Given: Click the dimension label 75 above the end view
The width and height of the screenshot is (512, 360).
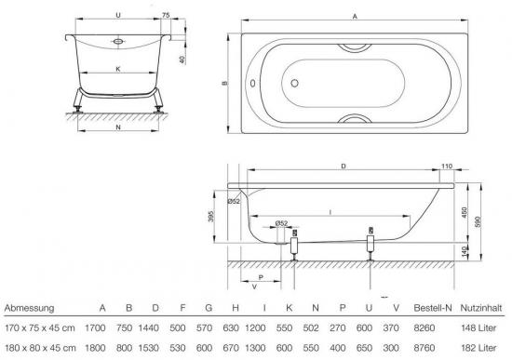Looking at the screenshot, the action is (x=166, y=15).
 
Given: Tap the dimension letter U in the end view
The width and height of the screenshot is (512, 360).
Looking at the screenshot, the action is (x=118, y=15).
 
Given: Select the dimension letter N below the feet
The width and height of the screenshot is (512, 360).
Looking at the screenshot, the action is (x=118, y=127).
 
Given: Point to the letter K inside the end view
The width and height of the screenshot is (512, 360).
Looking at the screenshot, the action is (x=118, y=69).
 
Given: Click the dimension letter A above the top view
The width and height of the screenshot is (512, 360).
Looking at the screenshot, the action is (x=355, y=17).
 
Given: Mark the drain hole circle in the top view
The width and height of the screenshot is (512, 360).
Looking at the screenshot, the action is (x=294, y=83).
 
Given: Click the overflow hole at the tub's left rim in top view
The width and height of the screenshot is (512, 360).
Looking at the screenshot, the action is (x=252, y=83).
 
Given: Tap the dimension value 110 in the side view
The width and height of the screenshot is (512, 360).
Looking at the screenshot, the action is (x=447, y=167).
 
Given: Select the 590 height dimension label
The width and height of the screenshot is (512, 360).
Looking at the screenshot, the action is (x=478, y=222).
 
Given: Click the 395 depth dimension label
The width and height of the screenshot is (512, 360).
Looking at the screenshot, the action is (x=211, y=216).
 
